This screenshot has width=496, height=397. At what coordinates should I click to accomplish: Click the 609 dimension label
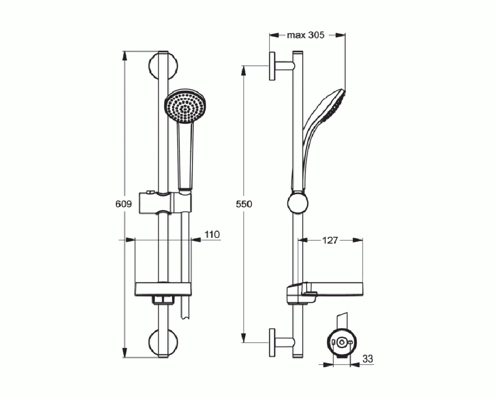124,204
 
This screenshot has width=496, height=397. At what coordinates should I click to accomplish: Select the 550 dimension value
244,204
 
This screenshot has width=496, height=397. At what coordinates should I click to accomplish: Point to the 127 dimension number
329,241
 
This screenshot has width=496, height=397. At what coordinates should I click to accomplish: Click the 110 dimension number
212,234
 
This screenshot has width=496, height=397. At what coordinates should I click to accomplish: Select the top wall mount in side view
278,66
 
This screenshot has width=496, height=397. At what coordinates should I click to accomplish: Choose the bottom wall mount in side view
278,342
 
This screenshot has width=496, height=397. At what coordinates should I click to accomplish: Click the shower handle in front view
185,154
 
